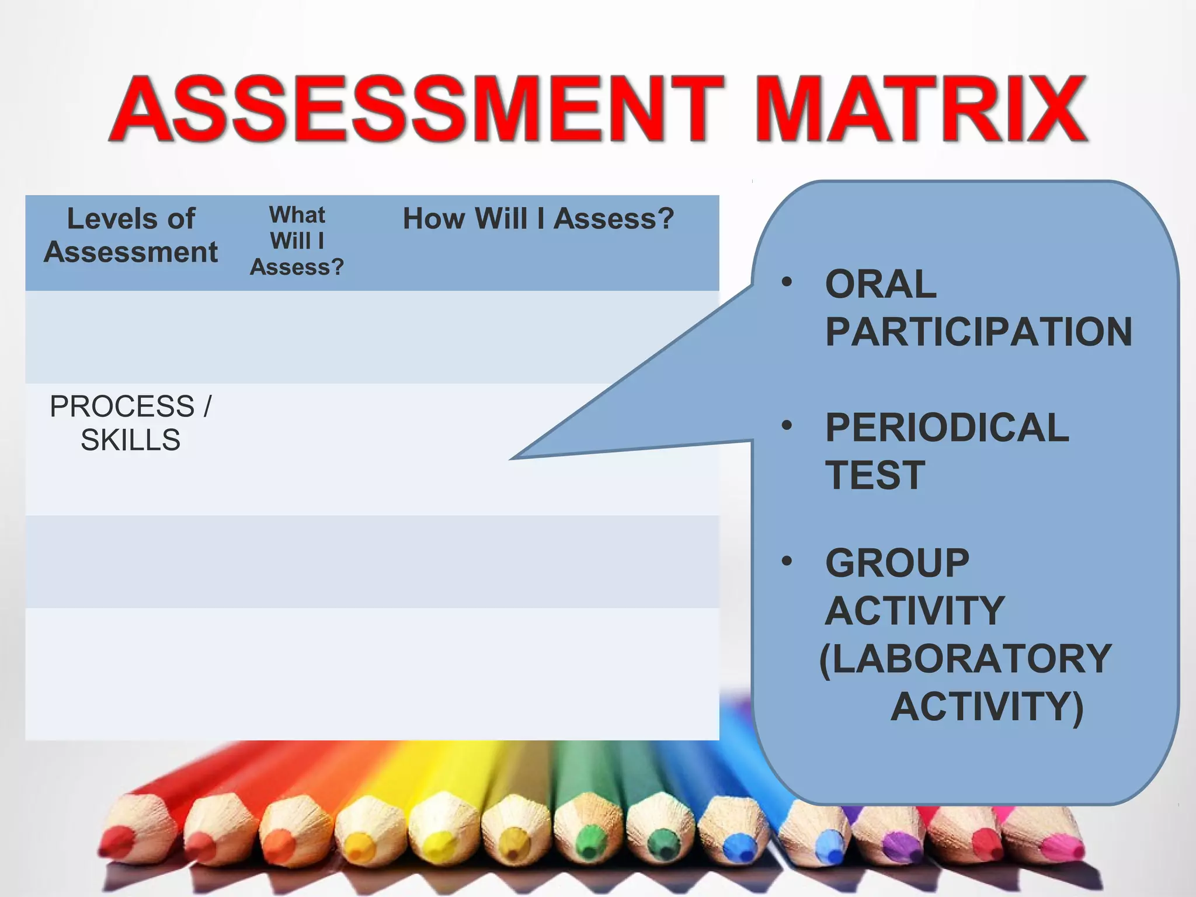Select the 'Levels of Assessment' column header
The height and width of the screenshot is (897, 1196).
point(131,235)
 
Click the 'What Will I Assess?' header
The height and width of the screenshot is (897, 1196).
point(297,241)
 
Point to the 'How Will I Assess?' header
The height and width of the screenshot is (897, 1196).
point(538,219)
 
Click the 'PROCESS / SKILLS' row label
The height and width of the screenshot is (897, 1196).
point(131,423)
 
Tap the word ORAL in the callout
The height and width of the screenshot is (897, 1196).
point(881,284)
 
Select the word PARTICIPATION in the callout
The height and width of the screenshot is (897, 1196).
point(979,332)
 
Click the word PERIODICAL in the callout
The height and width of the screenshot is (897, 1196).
point(947,427)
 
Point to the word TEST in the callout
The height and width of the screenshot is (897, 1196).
point(875,475)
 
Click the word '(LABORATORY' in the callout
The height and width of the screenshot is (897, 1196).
point(965,659)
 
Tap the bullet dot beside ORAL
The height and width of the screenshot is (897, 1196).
point(787,282)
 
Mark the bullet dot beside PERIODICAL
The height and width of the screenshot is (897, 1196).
point(787,425)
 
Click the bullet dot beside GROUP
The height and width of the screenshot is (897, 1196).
point(787,561)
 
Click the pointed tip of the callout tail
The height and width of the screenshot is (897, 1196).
point(512,458)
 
